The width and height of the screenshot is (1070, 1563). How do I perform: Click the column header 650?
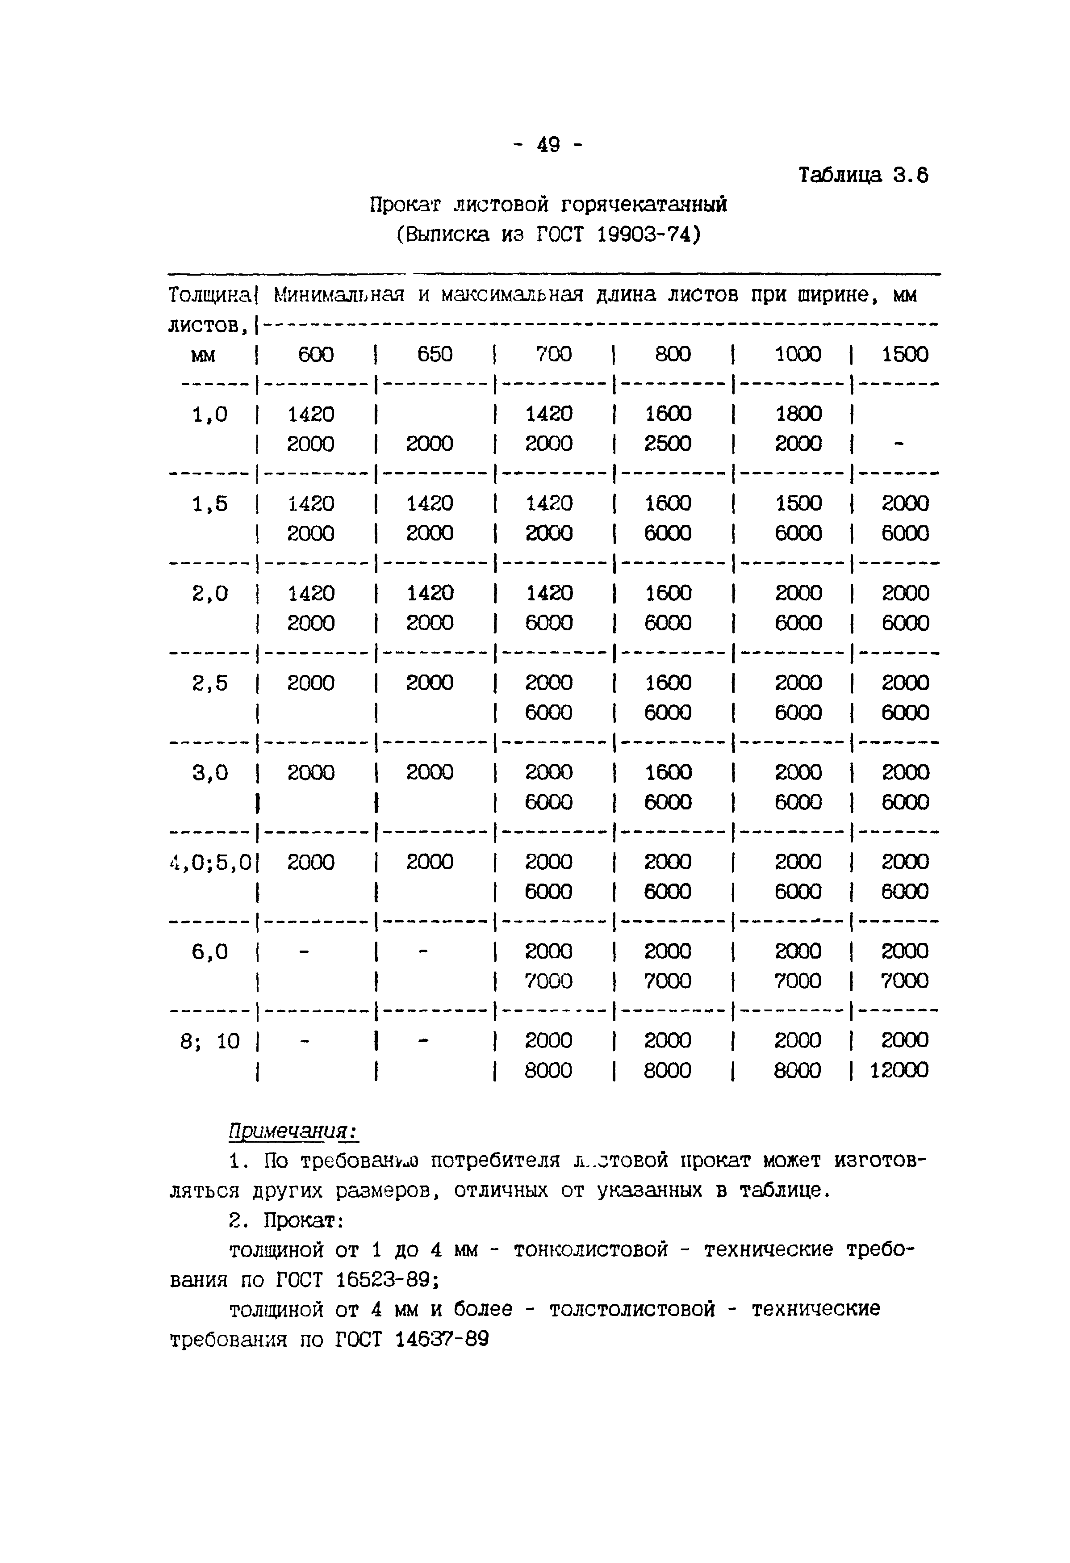pos(435,354)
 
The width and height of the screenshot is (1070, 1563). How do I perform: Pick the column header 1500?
pos(905,354)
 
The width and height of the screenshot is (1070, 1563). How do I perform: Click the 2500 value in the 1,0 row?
pos(668,444)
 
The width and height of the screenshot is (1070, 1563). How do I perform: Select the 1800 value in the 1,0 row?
pos(798,414)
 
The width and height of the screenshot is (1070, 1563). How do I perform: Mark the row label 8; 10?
pos(210,1042)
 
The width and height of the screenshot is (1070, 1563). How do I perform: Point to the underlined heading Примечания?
pos(293,1131)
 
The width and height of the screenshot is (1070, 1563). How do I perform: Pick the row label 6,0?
pos(210,951)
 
